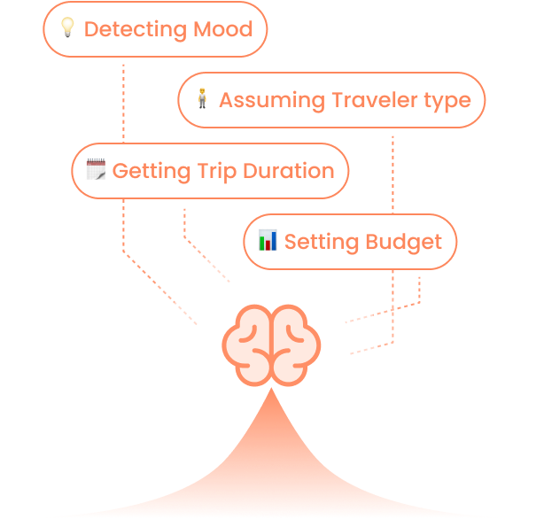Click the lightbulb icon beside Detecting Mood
[x=67, y=28]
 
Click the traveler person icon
[x=202, y=99]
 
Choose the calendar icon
[x=96, y=170]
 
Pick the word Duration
[x=291, y=171]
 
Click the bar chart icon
[x=268, y=240]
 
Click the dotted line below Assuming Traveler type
[x=392, y=177]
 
